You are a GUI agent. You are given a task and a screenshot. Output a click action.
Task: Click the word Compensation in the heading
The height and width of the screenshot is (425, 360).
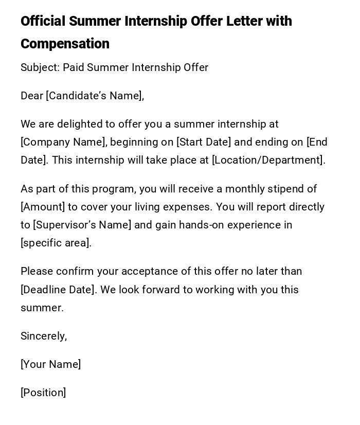[x=65, y=44]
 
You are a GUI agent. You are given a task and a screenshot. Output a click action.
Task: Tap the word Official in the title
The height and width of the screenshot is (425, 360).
[x=43, y=21]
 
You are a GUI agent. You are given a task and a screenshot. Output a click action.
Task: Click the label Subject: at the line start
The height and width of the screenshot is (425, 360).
[x=40, y=67]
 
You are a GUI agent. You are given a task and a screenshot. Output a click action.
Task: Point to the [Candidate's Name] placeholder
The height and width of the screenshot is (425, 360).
[x=94, y=96]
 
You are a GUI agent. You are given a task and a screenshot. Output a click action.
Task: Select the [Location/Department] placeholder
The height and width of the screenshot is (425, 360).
[x=268, y=160]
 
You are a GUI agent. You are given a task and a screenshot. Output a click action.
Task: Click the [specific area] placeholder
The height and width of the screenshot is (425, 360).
[x=56, y=243]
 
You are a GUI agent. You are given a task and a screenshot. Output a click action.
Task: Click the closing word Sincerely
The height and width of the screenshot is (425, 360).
[x=43, y=336]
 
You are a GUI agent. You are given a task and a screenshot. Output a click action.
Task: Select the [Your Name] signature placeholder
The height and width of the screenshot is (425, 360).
[x=50, y=364]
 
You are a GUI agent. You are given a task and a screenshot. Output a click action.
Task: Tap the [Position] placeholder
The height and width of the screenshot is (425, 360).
[x=43, y=393]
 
